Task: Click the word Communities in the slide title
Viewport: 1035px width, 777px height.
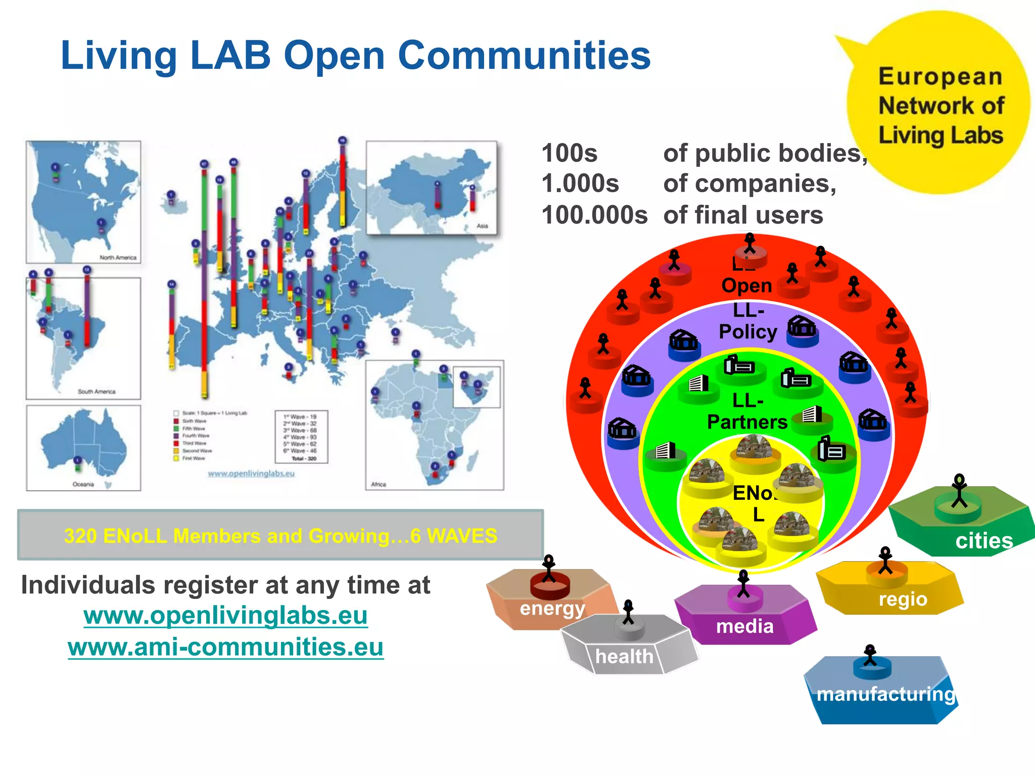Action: (524, 56)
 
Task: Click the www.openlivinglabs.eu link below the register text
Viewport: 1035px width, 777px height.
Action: (225, 616)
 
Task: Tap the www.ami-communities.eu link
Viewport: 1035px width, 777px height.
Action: (225, 647)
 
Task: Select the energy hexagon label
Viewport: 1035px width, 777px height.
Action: (552, 608)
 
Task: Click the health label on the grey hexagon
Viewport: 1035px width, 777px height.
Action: (624, 657)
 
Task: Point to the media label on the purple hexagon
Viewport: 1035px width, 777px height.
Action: (745, 627)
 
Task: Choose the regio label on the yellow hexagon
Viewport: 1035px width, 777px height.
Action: (903, 599)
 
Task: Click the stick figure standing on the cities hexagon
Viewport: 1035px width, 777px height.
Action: (959, 490)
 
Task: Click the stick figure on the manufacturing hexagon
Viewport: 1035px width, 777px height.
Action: (870, 656)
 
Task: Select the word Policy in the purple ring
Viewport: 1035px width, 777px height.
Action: (747, 332)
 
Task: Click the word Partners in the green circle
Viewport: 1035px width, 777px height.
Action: (747, 422)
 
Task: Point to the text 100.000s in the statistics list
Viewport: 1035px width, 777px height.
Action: (594, 215)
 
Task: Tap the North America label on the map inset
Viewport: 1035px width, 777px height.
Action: (118, 257)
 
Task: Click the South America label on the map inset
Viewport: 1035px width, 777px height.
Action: (97, 392)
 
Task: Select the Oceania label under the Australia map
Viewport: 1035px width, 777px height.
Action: (83, 484)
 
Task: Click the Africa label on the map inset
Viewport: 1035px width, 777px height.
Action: (379, 484)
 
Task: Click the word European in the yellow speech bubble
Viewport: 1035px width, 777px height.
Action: (940, 77)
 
